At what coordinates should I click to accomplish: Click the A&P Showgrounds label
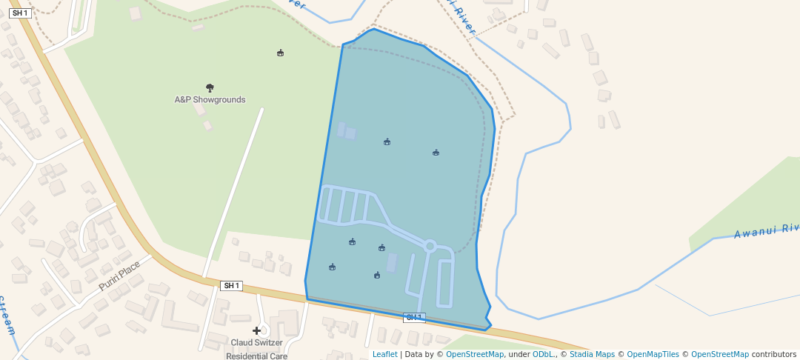[x=210, y=99]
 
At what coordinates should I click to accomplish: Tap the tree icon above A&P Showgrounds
[x=210, y=88]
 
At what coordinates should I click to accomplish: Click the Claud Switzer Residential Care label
[x=257, y=349]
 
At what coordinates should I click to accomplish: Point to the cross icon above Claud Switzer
[x=257, y=330]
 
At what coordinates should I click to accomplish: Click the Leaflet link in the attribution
[x=384, y=354]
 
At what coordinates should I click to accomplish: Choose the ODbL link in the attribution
[x=543, y=354]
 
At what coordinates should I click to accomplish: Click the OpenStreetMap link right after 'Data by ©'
[x=475, y=354]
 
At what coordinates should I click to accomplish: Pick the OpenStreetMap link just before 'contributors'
[x=720, y=354]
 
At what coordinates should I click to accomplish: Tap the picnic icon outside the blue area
[x=280, y=53]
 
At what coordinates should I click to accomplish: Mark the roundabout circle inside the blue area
[x=429, y=244]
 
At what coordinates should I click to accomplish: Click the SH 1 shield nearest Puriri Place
[x=231, y=285]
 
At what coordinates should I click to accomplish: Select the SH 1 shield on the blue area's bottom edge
[x=414, y=318]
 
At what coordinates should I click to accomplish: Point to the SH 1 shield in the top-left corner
[x=20, y=13]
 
